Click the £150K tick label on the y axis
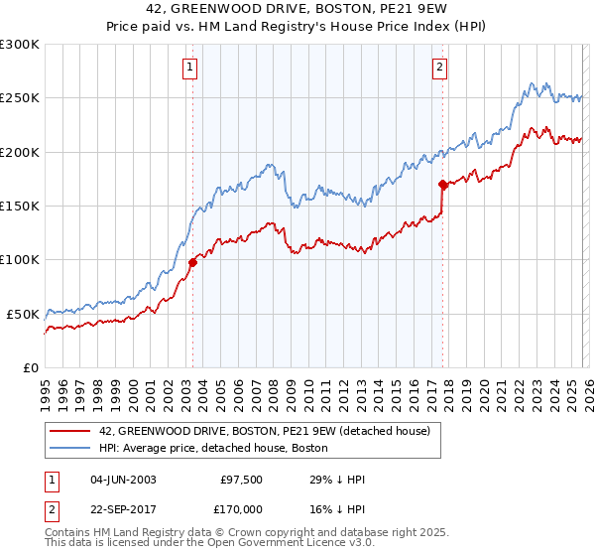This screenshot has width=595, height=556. click(x=19, y=207)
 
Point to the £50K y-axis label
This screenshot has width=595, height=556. click(x=22, y=314)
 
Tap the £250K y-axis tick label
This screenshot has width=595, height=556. click(x=19, y=98)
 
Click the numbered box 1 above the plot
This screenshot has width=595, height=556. click(x=189, y=68)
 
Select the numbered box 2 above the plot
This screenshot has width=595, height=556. click(x=438, y=68)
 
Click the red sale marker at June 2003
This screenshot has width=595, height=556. click(x=192, y=262)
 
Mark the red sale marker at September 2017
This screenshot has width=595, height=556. click(x=442, y=184)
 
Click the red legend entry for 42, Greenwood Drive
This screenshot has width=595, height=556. click(x=264, y=432)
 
